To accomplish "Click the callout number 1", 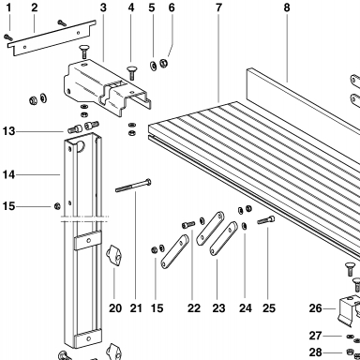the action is pos(8,7).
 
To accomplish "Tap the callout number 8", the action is pos(287,7).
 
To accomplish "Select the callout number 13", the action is pos(8,131).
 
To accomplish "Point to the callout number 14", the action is pos(8,174).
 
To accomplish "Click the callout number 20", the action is pos(115,308).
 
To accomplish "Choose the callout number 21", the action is pos(136,308).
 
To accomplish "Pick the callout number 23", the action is pos(218,308).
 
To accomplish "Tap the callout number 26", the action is pos(315,308).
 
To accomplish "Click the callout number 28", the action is pos(315,352).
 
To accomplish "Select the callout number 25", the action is pos(269,308).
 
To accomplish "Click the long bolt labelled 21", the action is pos(133,186).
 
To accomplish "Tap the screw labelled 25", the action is pos(266,219).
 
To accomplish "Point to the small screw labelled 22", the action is pos(188,224).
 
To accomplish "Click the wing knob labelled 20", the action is pos(114,255).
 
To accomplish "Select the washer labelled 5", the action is pos(153,66).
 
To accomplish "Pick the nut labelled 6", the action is pos(163,63).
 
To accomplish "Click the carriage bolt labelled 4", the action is pos(131,73).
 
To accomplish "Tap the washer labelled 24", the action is pos(245,226).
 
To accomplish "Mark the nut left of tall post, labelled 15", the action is pos(57,206).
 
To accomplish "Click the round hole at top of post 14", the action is pos(81,146).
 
